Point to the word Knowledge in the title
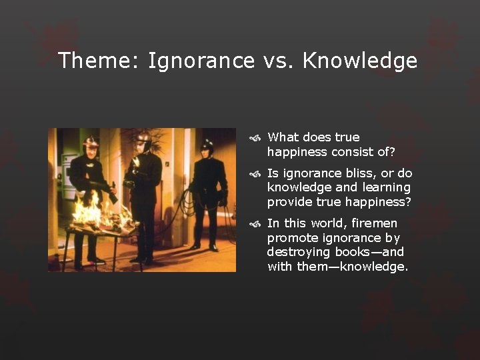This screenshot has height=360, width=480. [360, 61]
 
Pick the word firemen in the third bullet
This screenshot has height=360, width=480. [374, 223]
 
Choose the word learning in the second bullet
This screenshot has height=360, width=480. [387, 187]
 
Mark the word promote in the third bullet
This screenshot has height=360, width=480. [291, 237]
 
